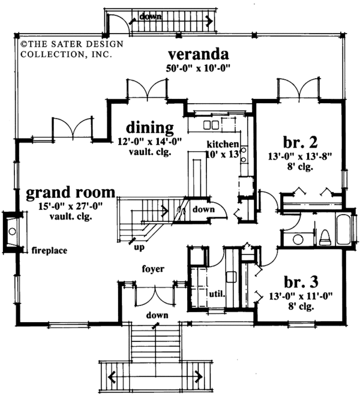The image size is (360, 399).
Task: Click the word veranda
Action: [199, 54]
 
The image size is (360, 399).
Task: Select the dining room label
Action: [150, 127]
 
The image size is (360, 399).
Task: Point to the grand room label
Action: [71, 193]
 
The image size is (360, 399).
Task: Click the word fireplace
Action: [49, 251]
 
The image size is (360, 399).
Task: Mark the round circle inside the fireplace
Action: [12, 232]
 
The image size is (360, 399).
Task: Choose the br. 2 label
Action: [301, 142]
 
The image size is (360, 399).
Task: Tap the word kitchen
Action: [223, 144]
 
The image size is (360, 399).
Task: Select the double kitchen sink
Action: [211, 125]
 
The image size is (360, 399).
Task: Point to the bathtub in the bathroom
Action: [343, 230]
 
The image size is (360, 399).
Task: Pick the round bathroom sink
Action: [298, 239]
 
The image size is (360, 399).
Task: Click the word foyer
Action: [153, 269]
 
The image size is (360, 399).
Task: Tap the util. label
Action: [217, 294]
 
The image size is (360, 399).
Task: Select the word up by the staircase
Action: [139, 247]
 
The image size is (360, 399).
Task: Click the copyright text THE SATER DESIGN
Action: [72, 44]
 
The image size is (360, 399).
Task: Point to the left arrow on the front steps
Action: [112, 376]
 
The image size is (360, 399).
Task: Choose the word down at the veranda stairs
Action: [150, 17]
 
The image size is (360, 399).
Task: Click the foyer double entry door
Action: [155, 295]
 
